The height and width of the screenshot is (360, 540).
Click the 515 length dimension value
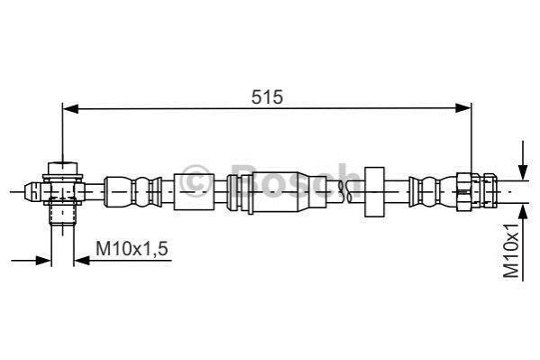(x=267, y=97)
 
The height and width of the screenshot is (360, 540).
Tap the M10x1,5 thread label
(x=132, y=249)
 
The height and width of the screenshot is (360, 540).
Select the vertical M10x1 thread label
(x=511, y=250)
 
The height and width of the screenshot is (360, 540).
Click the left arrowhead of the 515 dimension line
(x=70, y=108)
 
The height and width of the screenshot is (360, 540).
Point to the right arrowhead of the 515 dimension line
(x=462, y=108)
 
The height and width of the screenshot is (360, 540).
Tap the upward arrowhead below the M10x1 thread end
(x=523, y=212)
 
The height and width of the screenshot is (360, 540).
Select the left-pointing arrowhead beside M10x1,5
(x=82, y=261)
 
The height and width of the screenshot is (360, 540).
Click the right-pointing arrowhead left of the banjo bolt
(x=43, y=261)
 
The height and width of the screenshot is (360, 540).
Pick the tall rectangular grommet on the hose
(x=374, y=191)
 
